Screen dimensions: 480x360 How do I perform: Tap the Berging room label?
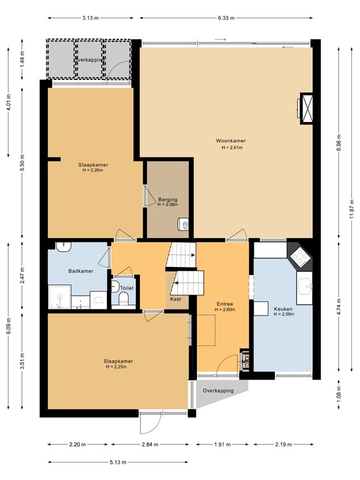pos(167,199)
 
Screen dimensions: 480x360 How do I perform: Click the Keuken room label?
pos(283,309)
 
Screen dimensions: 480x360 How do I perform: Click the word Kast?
pos(176,299)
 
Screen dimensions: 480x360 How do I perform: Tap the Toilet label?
pos(126,288)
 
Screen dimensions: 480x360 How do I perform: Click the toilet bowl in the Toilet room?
pos(122,301)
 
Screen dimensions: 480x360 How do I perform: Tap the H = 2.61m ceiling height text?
pos(232,148)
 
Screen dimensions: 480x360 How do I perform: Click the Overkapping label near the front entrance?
pos(218,391)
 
